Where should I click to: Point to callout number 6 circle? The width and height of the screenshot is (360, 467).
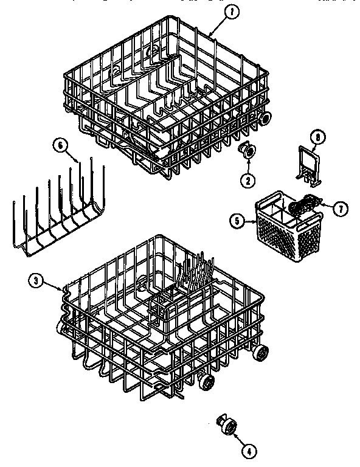point(59,145)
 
